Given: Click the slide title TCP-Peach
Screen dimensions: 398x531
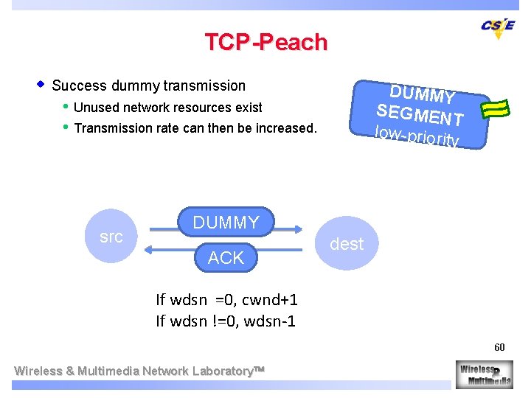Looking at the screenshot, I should point(265,42).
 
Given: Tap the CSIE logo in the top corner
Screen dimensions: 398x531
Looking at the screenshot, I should point(497,27).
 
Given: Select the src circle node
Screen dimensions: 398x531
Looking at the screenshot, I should point(111,237).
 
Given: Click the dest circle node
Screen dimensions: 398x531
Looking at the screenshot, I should point(347,243).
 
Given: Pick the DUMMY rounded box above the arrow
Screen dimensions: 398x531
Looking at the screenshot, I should point(226,223).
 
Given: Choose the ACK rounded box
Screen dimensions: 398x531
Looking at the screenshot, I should point(226,257).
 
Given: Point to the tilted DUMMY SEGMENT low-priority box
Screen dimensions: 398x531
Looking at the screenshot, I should point(420,114).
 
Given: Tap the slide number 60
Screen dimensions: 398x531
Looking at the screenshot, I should point(499,347).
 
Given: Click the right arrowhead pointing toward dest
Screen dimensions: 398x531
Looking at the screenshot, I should point(297,228).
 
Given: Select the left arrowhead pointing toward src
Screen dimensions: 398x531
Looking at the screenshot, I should point(150,250).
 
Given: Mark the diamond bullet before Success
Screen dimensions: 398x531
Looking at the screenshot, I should point(41,84).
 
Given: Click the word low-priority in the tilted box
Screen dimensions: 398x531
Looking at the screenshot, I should point(417,136).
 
